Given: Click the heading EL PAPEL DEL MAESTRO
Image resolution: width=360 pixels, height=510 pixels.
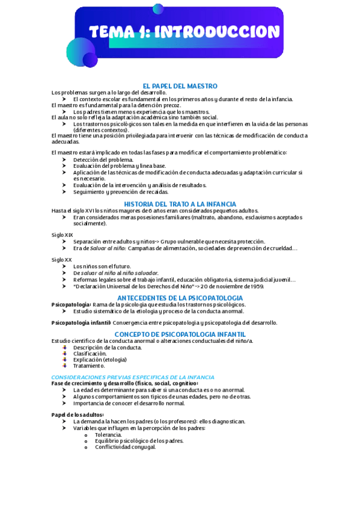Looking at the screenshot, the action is point(180,87).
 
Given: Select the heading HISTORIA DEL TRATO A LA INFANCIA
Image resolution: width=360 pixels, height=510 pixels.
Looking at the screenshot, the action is point(180,204).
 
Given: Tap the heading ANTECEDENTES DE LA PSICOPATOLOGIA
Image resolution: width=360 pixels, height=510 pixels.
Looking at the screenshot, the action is point(180,298).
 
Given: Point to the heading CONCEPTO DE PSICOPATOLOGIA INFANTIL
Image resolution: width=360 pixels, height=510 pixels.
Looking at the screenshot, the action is point(180,334).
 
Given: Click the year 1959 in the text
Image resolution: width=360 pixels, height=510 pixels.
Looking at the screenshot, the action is point(257,286).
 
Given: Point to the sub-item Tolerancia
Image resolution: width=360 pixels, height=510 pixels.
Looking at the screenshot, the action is point(108,434).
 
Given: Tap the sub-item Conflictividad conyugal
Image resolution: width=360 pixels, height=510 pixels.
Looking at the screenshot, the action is point(125,447).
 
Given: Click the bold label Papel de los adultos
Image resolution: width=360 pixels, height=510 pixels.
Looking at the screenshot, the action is point(78,415).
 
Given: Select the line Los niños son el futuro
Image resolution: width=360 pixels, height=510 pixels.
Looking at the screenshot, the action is point(102,266).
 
